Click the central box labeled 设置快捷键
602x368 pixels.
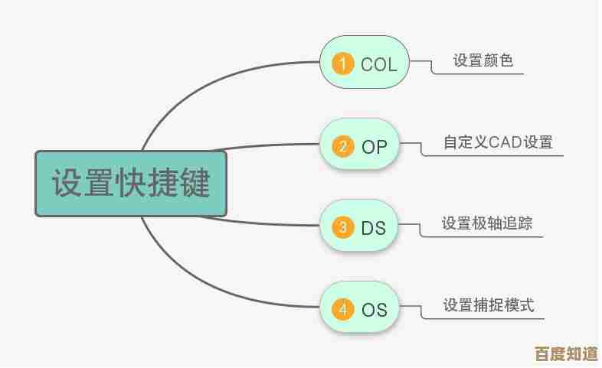pos(131,184)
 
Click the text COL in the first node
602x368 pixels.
pos(379,64)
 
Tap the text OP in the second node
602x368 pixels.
pos(375,146)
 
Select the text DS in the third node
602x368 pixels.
pos(374,228)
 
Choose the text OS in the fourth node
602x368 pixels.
pos(375,310)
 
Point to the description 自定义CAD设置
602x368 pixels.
pos(499,142)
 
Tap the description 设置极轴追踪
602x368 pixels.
pos(487,224)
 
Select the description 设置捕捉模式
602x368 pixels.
pos(489,306)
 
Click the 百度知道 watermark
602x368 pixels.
pos(566,354)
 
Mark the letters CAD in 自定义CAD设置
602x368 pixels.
pos(505,142)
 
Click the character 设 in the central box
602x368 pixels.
pos(68,184)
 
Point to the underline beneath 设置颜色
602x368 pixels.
pos(483,74)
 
